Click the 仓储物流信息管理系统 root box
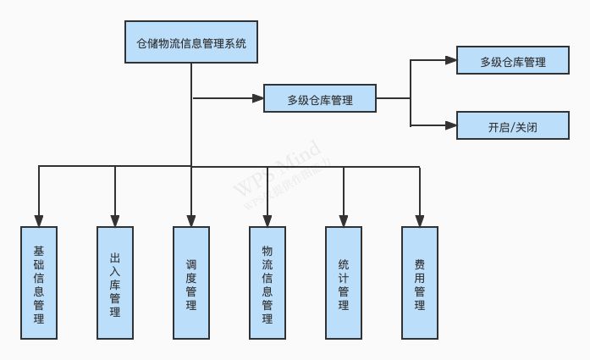point(191,42)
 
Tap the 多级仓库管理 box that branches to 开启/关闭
point(320,99)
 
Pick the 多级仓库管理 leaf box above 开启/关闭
point(512,61)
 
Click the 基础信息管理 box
point(38,282)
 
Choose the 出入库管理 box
point(115,282)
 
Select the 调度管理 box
point(191,282)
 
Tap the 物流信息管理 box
point(267,282)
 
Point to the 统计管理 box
point(344,282)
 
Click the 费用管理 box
point(419,282)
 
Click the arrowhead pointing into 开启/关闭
point(450,125)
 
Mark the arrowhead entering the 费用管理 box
point(419,220)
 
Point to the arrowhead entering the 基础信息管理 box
point(38,220)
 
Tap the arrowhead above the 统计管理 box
point(344,220)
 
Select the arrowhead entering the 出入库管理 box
point(115,220)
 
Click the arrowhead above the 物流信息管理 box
point(267,220)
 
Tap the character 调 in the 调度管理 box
point(191,263)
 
